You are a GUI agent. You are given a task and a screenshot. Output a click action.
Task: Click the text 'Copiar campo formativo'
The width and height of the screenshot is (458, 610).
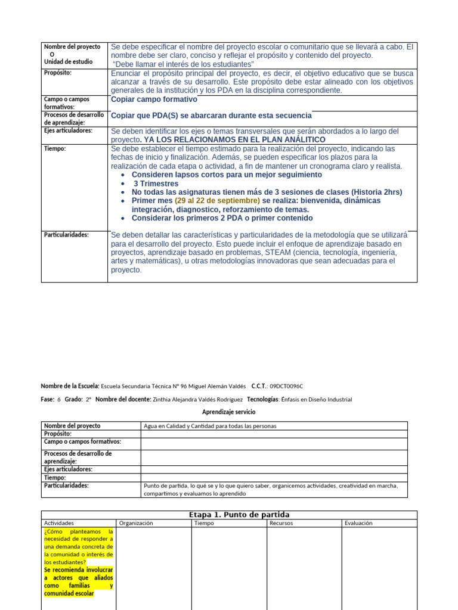[x=154, y=99]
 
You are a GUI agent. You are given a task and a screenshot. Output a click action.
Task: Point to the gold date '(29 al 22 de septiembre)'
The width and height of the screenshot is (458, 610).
[x=217, y=201]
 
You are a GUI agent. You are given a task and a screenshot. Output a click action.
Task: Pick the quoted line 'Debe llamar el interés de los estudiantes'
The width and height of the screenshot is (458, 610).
[x=184, y=64]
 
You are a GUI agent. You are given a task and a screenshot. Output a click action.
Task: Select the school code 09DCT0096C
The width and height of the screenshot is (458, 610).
[x=290, y=386]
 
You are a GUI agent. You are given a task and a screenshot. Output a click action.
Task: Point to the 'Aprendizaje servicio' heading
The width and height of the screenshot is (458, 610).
[x=228, y=412]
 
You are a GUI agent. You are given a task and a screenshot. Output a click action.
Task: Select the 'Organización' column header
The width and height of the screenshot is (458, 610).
[x=136, y=523]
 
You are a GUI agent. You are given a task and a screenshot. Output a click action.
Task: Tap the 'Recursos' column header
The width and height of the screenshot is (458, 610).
[x=281, y=523]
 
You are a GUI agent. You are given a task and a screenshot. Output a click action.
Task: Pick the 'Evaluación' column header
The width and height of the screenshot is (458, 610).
[x=358, y=523]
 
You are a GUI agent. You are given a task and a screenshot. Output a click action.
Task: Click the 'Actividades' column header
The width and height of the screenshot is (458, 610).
[x=59, y=523]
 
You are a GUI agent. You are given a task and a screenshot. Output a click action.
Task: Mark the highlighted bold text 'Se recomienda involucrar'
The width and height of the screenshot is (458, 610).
[x=79, y=569]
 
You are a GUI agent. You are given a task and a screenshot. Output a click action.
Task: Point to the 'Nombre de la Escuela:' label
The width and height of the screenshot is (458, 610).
[x=70, y=386]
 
